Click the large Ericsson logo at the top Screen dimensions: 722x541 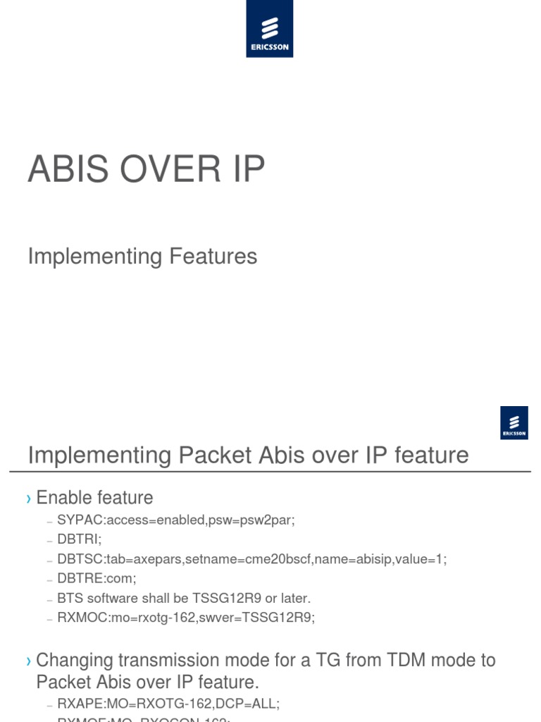pyautogui.click(x=270, y=29)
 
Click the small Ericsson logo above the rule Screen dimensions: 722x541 pyautogui.click(x=514, y=423)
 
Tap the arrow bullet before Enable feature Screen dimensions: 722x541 pyautogui.click(x=29, y=498)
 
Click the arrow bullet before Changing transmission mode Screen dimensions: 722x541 pyautogui.click(x=29, y=661)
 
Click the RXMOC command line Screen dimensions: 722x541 pyautogui.click(x=186, y=618)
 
